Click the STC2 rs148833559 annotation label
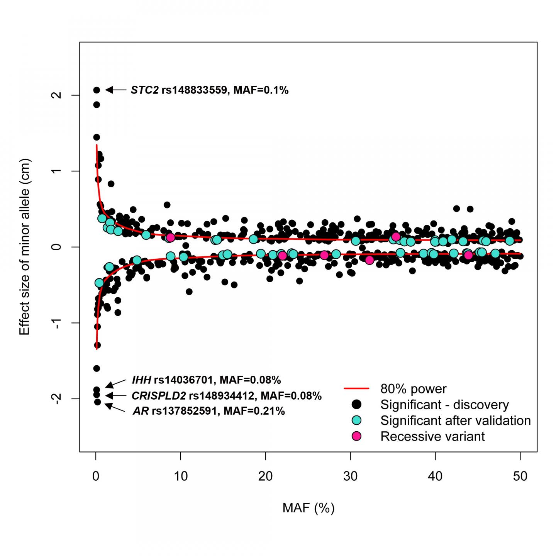[209, 90]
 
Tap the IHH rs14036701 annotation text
[206, 380]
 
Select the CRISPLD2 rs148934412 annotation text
[226, 396]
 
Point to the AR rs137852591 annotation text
[208, 411]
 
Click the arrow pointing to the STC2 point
[116, 90]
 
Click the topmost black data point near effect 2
[97, 90]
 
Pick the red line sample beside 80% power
[356, 388]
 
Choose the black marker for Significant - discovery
[357, 404]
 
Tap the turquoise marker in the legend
[357, 420]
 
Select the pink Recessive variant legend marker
[357, 436]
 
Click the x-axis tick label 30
[350, 476]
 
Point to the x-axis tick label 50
[520, 476]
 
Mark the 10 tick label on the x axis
[180, 476]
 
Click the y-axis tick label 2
[57, 95]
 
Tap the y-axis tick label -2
[57, 398]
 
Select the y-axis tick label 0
[57, 247]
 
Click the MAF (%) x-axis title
[308, 508]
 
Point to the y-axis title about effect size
[24, 247]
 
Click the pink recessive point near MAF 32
[370, 260]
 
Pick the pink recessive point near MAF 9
[170, 237]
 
